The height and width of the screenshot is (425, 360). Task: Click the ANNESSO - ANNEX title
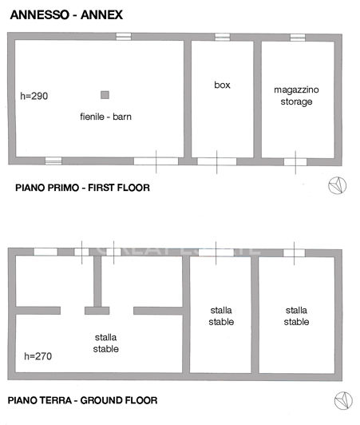pos(61,14)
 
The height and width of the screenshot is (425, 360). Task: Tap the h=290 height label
pos(34,97)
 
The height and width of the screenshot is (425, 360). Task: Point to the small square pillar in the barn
pos(105,94)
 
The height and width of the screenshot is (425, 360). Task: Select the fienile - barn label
pos(105,117)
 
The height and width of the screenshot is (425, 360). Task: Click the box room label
pos(222,85)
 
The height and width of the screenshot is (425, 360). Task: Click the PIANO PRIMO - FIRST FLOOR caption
pos(82,189)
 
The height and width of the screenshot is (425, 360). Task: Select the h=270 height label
pos(38,356)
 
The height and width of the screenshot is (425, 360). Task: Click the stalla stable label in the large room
pos(105,344)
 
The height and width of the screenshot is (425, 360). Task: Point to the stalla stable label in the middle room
pos(222,316)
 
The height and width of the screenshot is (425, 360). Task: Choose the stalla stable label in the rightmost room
pos(296,316)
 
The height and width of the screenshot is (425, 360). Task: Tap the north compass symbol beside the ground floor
pos(343,399)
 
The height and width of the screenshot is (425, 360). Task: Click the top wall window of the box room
pos(222,37)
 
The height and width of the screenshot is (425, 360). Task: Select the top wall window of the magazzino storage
pos(297,37)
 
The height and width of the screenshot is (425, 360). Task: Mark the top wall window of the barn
pos(124,37)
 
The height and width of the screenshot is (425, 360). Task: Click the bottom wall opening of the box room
pos(217,161)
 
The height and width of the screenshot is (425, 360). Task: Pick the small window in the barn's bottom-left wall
pos(53,161)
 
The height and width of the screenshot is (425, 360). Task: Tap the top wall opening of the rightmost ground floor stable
pos(294,252)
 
